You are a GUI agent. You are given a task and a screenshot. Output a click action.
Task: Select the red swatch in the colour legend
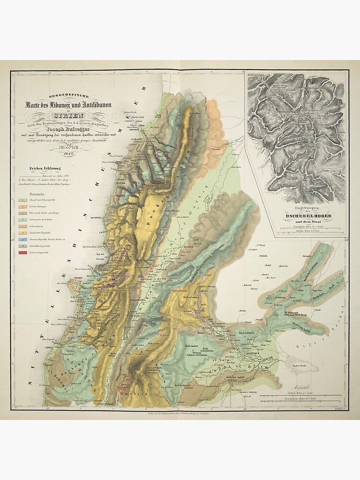[x=22, y=252]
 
